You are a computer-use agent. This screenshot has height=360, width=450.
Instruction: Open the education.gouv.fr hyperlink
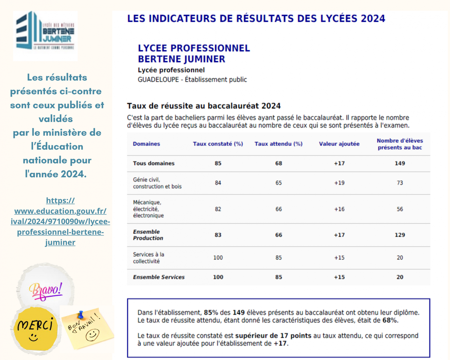coord(60,221)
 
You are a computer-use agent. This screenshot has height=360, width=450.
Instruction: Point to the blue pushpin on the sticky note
coord(81,315)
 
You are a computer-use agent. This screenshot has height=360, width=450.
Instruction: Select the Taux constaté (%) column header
coord(218,144)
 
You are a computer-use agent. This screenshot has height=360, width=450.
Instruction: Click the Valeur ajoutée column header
coord(339,144)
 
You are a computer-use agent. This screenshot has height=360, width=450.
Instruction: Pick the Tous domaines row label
coord(154,163)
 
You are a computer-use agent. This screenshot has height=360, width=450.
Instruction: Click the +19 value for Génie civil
coord(339,183)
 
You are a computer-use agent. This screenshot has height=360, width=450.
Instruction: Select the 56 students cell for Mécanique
coord(400,209)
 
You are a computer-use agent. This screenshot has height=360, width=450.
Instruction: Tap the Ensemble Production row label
coord(148,235)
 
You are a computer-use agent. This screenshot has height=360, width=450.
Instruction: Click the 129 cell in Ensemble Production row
coord(400,235)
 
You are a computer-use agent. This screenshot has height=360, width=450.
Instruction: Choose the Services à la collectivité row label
coord(148,258)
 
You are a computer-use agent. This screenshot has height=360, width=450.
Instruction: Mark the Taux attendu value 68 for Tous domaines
coord(278,163)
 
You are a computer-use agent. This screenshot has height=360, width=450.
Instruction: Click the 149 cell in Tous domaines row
coord(400,163)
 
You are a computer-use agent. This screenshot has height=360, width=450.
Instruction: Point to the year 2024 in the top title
coord(373,18)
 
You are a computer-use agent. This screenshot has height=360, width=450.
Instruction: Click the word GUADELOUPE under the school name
coord(158,80)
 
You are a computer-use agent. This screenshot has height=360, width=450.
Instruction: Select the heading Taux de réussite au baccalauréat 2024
coord(204,106)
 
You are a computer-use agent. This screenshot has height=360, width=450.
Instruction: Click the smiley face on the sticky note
coord(93,335)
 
